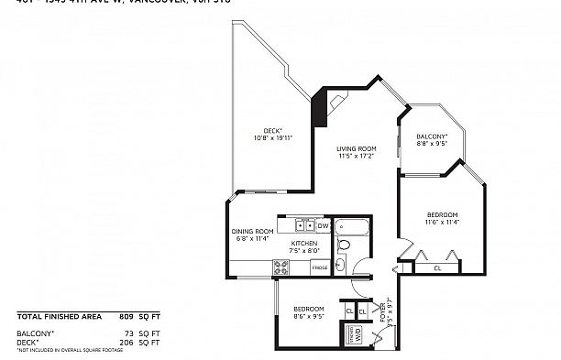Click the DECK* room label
272,131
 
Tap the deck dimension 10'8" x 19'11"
272,138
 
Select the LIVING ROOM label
356,148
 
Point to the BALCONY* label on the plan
431,136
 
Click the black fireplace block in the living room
320,109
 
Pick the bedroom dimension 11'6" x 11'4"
441,222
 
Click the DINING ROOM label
252,232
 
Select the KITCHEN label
304,244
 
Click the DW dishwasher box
323,225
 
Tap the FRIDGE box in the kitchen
320,267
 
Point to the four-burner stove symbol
282,267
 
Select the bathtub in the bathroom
351,226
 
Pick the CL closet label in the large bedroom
437,268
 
